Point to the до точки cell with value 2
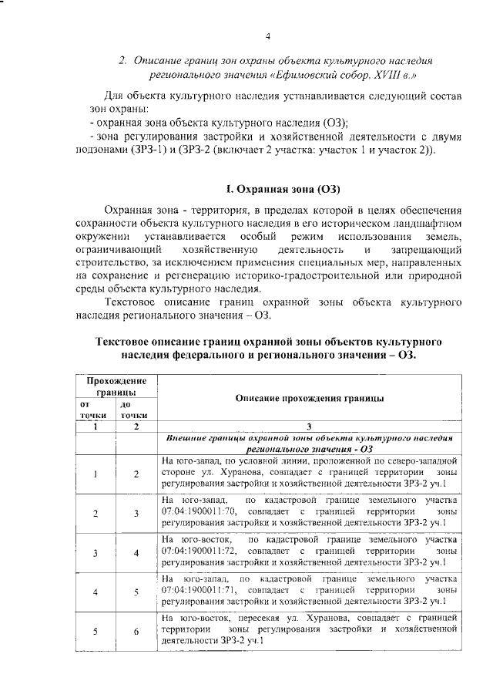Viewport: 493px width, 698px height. pos(136,474)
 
